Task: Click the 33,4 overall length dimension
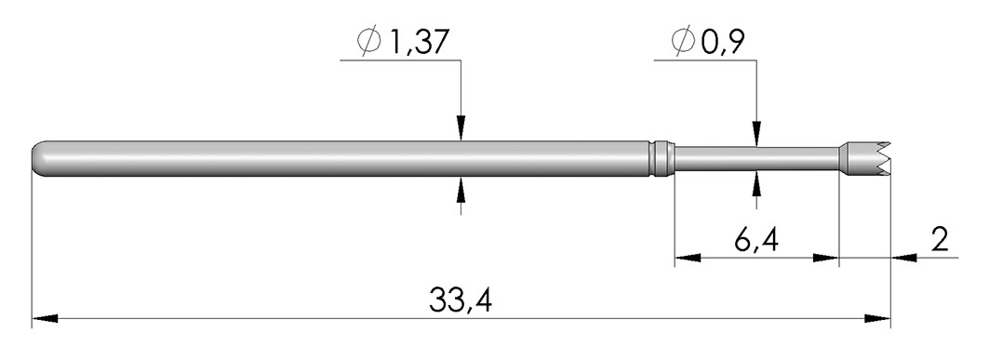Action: (x=460, y=300)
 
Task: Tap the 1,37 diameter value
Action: (x=418, y=42)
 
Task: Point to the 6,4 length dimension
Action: (x=755, y=241)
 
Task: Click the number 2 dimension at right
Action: (x=940, y=240)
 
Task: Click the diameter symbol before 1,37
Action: (x=369, y=42)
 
